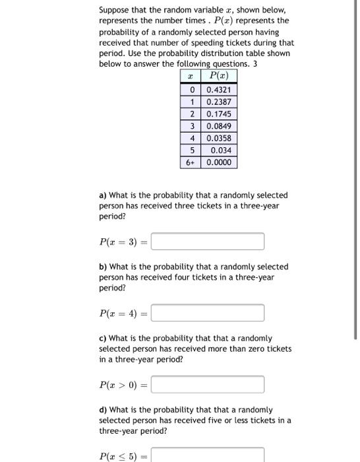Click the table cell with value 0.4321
pyautogui.click(x=219, y=90)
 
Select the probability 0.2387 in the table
pyautogui.click(x=219, y=102)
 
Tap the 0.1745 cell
pyautogui.click(x=219, y=114)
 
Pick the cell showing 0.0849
pyautogui.click(x=219, y=125)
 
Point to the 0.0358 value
pyautogui.click(x=219, y=138)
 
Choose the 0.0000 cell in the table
pyautogui.click(x=219, y=162)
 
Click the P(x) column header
pyautogui.click(x=219, y=77)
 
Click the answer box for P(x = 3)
pyautogui.click(x=208, y=242)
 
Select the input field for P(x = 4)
pyautogui.click(x=208, y=313)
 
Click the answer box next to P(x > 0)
pyautogui.click(x=208, y=384)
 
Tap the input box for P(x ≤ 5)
pyautogui.click(x=208, y=455)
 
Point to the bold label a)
pyautogui.click(x=103, y=195)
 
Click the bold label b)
pyautogui.click(x=103, y=267)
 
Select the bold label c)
pyautogui.click(x=103, y=338)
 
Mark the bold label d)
pyautogui.click(x=103, y=409)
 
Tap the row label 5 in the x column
pyautogui.click(x=191, y=150)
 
